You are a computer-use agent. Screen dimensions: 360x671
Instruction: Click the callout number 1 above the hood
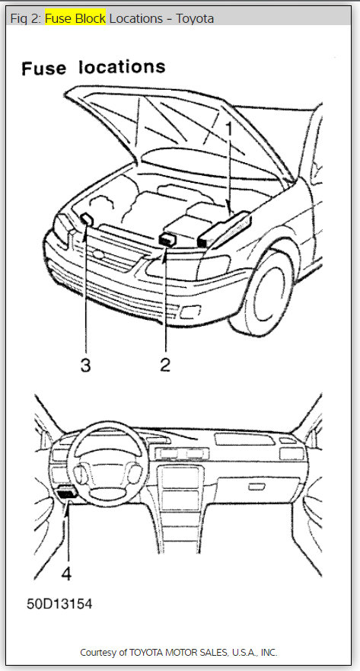(229, 130)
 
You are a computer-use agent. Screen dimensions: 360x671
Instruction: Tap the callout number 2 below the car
(165, 364)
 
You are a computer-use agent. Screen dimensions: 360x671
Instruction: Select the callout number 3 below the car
(85, 365)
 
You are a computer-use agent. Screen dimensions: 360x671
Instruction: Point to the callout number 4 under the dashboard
(66, 574)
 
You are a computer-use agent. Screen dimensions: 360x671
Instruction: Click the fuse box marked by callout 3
(87, 219)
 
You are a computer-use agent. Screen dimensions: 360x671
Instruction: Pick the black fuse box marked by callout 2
(167, 240)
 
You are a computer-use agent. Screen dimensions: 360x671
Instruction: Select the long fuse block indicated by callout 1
(225, 230)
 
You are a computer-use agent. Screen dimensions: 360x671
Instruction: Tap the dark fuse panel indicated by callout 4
(66, 493)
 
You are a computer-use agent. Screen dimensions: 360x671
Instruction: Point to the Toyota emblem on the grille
(99, 255)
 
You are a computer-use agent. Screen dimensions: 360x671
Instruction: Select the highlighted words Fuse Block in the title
(75, 19)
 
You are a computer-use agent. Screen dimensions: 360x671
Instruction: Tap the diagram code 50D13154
(59, 604)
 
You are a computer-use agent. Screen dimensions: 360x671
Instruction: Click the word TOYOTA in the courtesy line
(147, 653)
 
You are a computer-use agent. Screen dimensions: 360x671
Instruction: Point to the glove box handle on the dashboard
(256, 486)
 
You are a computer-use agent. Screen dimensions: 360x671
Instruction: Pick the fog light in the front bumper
(188, 313)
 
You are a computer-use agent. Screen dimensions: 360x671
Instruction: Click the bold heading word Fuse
(44, 69)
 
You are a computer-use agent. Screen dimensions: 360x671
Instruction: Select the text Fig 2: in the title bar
(27, 19)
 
